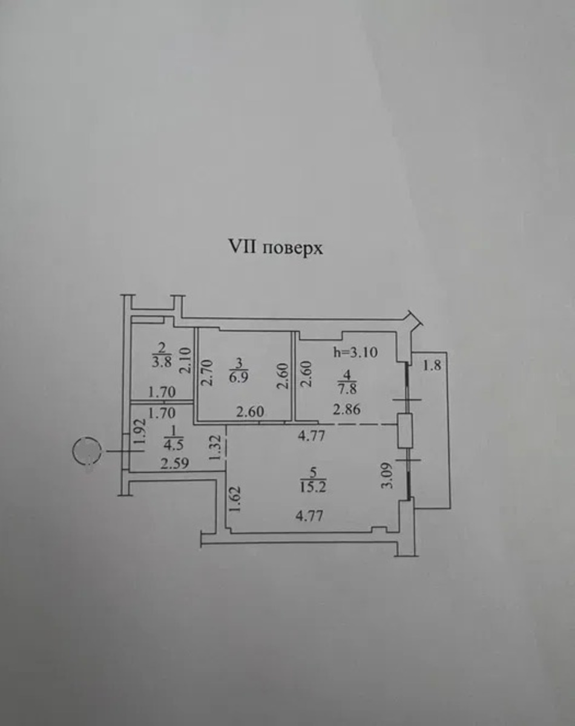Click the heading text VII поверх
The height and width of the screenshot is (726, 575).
point(275,248)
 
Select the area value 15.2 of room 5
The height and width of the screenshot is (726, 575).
point(314,486)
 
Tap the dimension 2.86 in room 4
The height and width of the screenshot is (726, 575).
point(347,410)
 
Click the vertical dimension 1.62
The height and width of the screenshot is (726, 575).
point(237,500)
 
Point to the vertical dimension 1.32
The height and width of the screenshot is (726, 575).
point(214,448)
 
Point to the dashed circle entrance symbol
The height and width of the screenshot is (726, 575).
point(86,451)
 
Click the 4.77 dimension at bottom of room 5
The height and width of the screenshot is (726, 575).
point(307,517)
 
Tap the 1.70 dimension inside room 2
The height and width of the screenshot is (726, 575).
point(162,392)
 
